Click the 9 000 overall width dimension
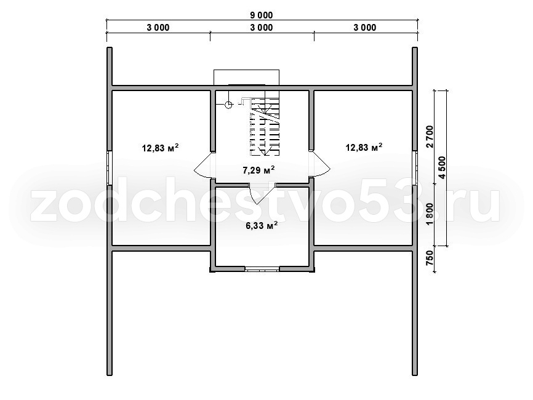click(262, 15)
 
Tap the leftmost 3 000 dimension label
click(158, 28)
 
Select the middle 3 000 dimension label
click(262, 28)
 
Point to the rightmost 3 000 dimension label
click(365, 28)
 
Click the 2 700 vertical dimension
click(430, 137)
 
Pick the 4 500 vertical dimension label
click(443, 167)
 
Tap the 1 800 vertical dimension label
click(430, 214)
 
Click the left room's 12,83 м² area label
click(160, 148)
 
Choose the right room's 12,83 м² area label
click(364, 147)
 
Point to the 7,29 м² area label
click(258, 170)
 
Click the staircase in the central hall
click(265, 126)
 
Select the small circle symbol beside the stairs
click(229, 105)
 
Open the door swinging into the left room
click(204, 165)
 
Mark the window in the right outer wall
click(415, 167)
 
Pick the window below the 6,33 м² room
click(262, 270)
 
